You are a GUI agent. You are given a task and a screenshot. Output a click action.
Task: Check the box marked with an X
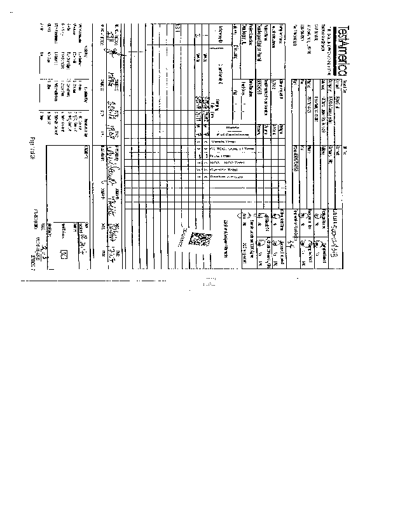point(63,253)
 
